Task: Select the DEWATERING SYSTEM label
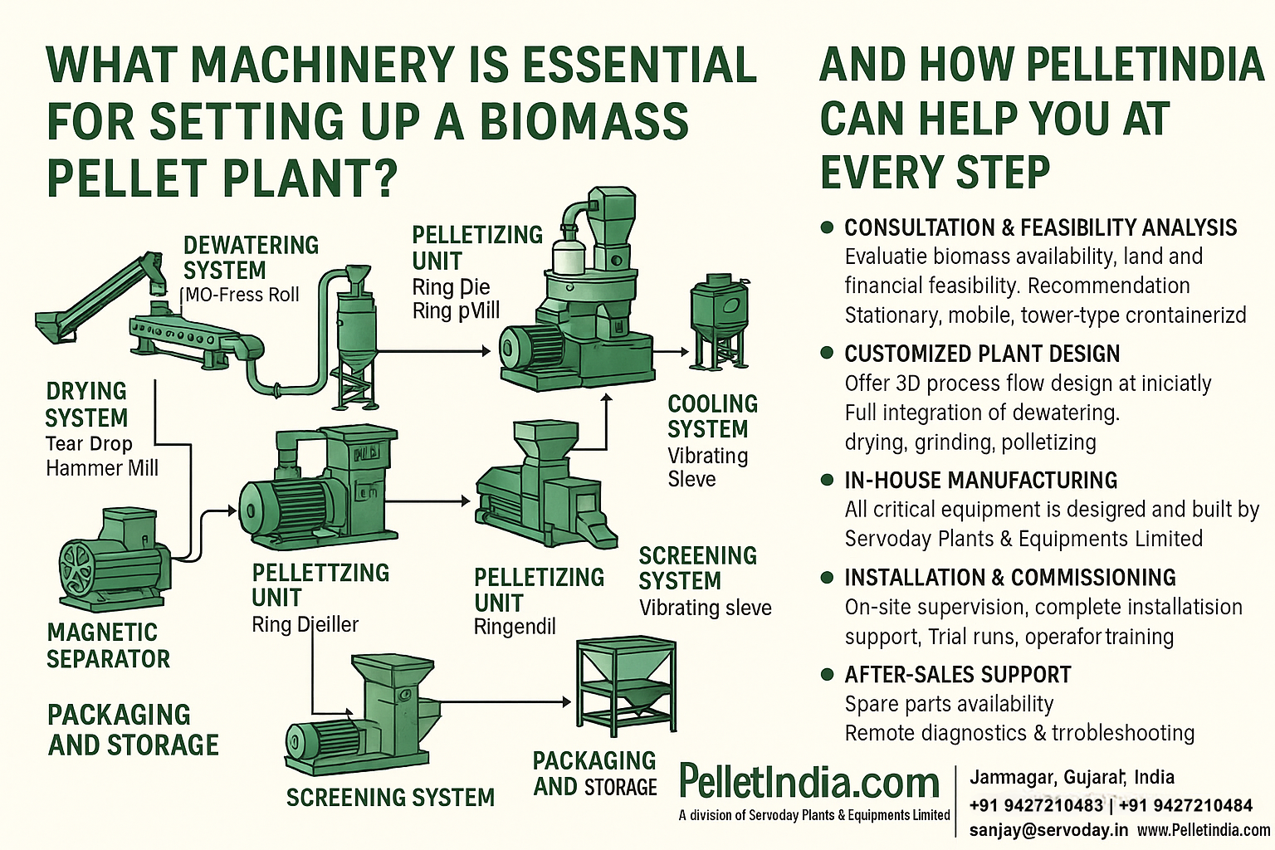251,257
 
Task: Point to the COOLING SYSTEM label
712,417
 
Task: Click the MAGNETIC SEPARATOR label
108,645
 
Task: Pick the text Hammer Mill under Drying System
101,468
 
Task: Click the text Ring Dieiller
305,624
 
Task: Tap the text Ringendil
514,627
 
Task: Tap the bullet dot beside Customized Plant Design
826,353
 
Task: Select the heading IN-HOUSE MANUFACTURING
980,481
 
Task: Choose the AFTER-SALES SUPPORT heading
957,675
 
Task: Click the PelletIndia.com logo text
808,782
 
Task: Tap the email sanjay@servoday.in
1048,829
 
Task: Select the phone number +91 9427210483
1036,805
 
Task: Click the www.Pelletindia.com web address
1203,829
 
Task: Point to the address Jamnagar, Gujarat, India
1072,778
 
